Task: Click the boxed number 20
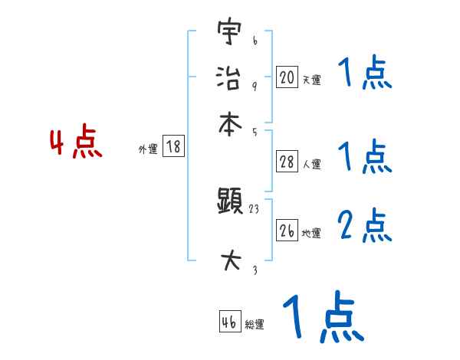[x=287, y=77]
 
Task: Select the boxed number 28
[x=287, y=161]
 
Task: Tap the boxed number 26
[x=287, y=231]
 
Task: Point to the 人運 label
[x=311, y=164]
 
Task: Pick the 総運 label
[x=255, y=325]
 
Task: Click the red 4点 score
[x=76, y=144]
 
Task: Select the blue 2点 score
[x=365, y=226]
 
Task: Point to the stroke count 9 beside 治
[x=255, y=87]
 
